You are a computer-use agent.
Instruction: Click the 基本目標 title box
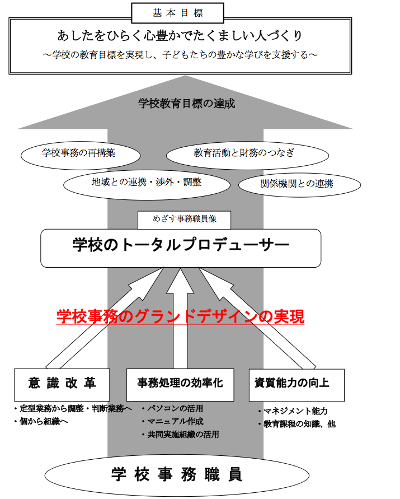coord(177,13)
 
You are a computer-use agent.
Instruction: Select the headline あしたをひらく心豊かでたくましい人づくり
coord(180,36)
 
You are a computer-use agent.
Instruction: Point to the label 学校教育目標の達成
coord(187,104)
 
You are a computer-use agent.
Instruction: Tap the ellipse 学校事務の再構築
coord(81,156)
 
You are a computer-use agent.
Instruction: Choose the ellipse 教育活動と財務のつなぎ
coord(247,156)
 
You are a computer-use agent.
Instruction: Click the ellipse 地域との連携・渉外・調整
coord(147,185)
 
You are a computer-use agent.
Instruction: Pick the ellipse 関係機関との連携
coord(299,185)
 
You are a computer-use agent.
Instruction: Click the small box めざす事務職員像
coord(184,220)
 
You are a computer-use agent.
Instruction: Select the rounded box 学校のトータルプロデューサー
coord(181,248)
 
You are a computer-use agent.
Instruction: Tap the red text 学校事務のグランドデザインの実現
coord(180,316)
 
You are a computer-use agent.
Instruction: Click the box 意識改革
coord(62,385)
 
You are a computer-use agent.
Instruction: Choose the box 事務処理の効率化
coord(180,385)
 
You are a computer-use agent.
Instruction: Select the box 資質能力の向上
coord(297,385)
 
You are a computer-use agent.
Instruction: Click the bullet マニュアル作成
coord(173,421)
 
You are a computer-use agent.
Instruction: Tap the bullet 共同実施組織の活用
coord(180,435)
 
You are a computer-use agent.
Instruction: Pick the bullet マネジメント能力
coord(293,411)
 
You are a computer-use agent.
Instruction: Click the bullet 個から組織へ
coord(41,421)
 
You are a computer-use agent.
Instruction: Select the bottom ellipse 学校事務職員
coord(177,475)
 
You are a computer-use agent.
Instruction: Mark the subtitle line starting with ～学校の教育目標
coord(180,55)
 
